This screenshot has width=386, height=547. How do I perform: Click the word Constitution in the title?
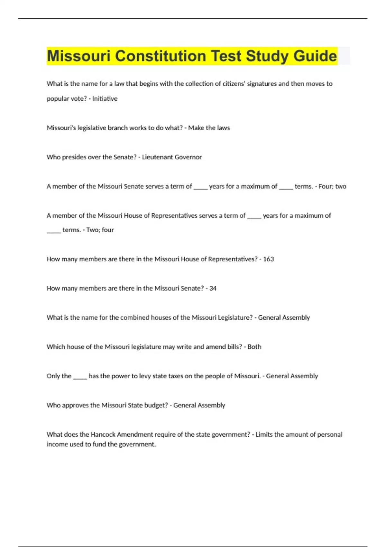pos(160,56)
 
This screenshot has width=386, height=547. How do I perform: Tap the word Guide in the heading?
pos(315,56)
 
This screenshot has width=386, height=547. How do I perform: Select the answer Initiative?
pos(105,99)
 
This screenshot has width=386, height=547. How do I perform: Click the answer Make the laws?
pos(209,128)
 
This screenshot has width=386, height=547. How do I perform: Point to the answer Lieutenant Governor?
pos(172,157)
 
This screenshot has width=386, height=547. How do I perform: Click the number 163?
pos(268,259)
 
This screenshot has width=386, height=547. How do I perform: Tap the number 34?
pos(213,288)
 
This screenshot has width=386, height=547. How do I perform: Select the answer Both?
pos(254,347)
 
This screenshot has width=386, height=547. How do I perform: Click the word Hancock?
pos(103,434)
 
